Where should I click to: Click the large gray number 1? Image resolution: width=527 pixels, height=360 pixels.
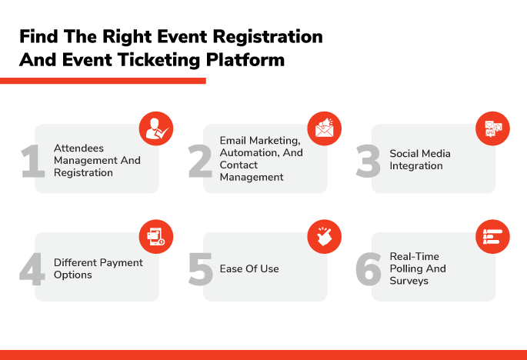tap(33, 161)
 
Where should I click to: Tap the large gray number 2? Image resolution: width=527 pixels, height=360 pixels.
tap(200, 161)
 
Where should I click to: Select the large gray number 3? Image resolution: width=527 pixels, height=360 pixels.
tap(368, 161)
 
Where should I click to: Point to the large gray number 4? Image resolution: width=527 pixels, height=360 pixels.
tap(32, 269)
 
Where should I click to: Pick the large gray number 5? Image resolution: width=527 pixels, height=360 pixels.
tap(201, 269)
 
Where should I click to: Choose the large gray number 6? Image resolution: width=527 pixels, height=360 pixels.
tap(369, 269)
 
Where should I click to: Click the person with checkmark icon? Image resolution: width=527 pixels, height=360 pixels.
tap(156, 128)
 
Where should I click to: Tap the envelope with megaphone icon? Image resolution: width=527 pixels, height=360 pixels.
tap(325, 128)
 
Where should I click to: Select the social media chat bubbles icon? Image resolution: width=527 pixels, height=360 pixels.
tap(492, 128)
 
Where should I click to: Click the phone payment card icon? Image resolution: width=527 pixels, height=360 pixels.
tap(156, 237)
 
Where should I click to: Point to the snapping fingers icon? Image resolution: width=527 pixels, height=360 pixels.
tap(325, 237)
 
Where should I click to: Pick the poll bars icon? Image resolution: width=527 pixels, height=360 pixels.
tap(492, 237)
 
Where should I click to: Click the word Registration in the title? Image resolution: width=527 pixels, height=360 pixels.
tap(268, 37)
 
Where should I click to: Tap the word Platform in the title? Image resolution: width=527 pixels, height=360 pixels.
tap(245, 60)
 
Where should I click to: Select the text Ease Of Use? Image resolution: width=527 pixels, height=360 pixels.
tap(249, 269)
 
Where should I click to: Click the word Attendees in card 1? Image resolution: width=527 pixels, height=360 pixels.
tap(78, 148)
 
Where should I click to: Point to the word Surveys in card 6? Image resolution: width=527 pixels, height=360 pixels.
tap(409, 281)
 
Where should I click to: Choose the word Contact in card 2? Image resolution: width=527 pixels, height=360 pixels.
tap(238, 165)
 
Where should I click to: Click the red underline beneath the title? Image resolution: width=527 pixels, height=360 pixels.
tap(103, 81)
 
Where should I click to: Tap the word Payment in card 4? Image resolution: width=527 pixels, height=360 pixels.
tap(122, 263)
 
